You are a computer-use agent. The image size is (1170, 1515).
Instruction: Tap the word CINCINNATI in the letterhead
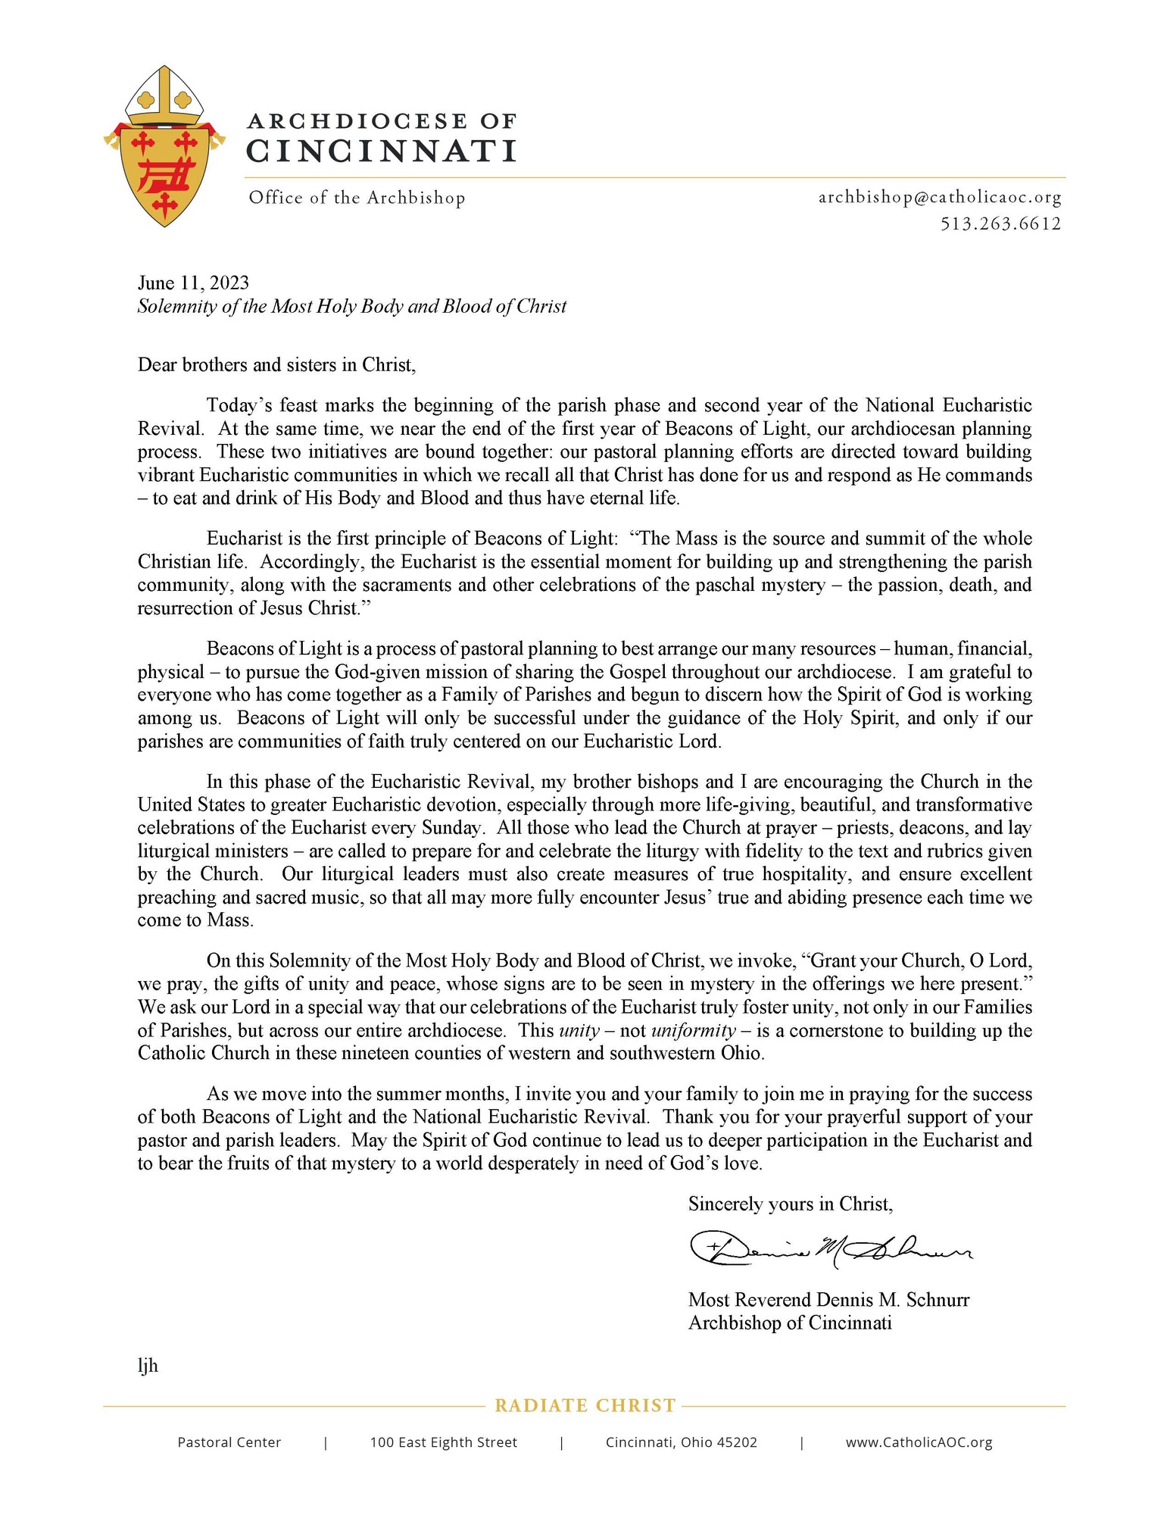click(x=382, y=151)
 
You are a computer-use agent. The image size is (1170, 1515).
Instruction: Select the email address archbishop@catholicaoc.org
click(x=940, y=198)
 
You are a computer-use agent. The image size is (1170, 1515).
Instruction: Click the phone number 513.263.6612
click(x=1000, y=223)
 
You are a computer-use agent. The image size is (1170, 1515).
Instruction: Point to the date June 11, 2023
click(x=193, y=283)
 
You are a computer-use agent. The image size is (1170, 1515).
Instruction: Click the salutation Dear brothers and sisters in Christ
click(x=276, y=365)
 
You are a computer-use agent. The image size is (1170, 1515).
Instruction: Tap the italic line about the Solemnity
click(x=351, y=306)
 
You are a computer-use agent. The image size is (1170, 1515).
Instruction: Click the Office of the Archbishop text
click(x=357, y=198)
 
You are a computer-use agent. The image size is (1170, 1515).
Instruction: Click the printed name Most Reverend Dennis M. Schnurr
click(x=828, y=1300)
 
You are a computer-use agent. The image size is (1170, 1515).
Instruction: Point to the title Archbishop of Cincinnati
click(x=790, y=1323)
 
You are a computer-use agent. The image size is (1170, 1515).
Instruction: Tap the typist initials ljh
click(x=148, y=1366)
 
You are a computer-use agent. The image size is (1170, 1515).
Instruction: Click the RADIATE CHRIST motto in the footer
click(x=585, y=1406)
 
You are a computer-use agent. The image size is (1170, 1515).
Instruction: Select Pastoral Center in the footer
click(x=229, y=1442)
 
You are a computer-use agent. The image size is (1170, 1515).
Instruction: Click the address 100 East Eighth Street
click(x=443, y=1442)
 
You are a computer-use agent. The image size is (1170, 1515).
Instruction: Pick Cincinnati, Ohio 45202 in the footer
click(x=681, y=1442)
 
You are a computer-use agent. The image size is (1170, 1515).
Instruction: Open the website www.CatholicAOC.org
click(x=919, y=1442)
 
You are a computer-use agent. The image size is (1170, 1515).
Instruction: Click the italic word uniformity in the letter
click(x=693, y=1030)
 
